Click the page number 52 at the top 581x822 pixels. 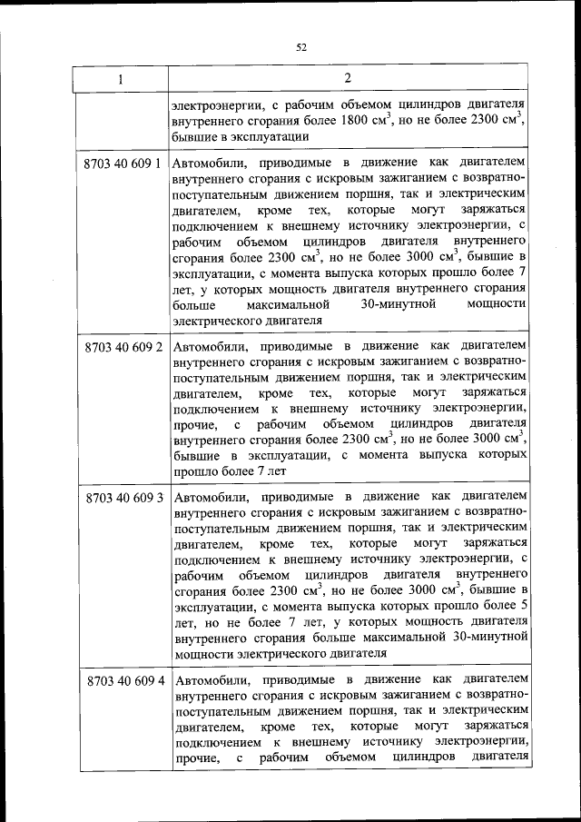pos(301,48)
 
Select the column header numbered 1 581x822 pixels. pos(120,80)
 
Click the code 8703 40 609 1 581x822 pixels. pos(122,164)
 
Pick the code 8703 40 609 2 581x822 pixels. pos(122,347)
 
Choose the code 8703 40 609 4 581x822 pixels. pos(122,680)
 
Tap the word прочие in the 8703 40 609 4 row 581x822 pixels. pos(193,758)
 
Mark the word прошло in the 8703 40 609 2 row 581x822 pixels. pos(192,471)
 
